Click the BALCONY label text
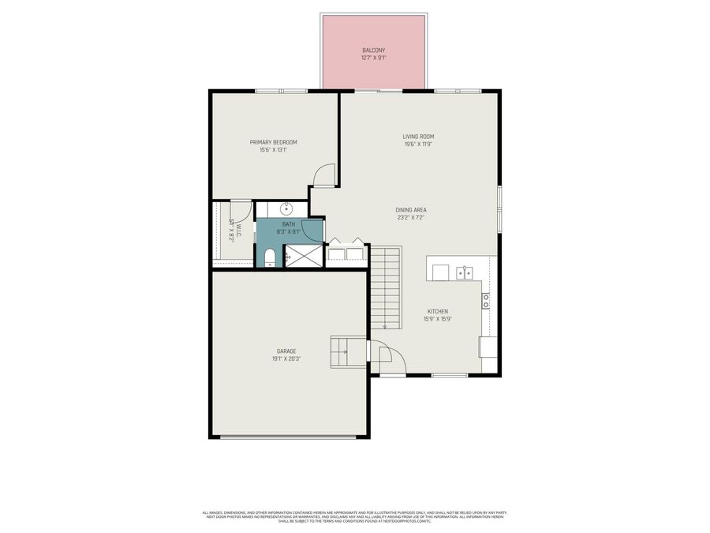pyautogui.click(x=374, y=50)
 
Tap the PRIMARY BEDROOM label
pyautogui.click(x=273, y=142)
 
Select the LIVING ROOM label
pyautogui.click(x=418, y=137)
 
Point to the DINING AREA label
pyautogui.click(x=411, y=209)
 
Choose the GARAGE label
pyautogui.click(x=286, y=351)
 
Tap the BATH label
pyautogui.click(x=289, y=224)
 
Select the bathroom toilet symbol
pyautogui.click(x=269, y=257)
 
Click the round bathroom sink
pyautogui.click(x=287, y=209)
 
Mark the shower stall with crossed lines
pyautogui.click(x=304, y=256)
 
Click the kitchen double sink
pyautogui.click(x=464, y=273)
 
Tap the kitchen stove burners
pyautogui.click(x=486, y=299)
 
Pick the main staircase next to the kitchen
pyautogui.click(x=387, y=287)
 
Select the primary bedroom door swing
pyautogui.click(x=324, y=175)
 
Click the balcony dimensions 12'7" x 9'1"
pyautogui.click(x=374, y=58)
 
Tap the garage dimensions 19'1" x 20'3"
pyautogui.click(x=286, y=358)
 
